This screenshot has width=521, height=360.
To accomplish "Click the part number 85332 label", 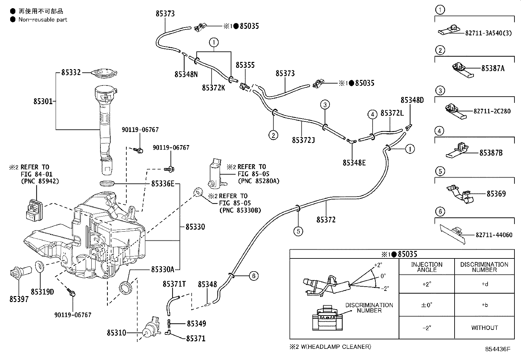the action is [x=71, y=72].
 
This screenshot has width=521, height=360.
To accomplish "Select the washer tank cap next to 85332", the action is [x=104, y=73].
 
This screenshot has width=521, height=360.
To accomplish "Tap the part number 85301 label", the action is [x=43, y=101].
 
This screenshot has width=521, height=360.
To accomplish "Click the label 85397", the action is [x=19, y=299].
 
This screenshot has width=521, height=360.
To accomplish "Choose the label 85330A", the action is [x=163, y=269].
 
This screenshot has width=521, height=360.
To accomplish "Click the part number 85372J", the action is [x=303, y=140].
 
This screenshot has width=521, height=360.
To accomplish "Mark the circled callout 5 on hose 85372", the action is [x=298, y=231].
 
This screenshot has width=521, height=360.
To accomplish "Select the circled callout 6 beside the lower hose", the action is [x=254, y=276].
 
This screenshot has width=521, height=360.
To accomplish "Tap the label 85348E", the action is [x=354, y=163].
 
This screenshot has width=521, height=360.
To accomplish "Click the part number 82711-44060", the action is [x=494, y=235].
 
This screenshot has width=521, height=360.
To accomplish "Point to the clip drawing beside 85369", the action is [x=460, y=194].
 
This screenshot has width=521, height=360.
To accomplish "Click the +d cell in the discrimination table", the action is [x=485, y=284].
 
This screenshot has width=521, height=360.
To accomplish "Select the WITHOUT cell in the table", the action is [x=484, y=328].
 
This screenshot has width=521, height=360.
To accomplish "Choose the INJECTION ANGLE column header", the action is [x=427, y=267].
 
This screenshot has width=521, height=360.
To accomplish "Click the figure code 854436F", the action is [x=497, y=349].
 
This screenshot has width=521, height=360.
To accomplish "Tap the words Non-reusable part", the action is [x=43, y=20].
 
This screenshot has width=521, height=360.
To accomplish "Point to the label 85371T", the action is [x=174, y=284].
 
